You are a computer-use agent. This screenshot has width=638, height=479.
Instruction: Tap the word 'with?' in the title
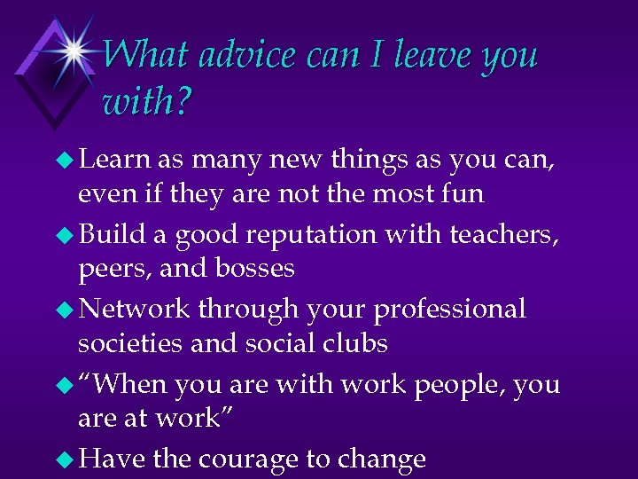tap(146, 103)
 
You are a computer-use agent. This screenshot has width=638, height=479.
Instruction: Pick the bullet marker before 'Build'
tap(66, 234)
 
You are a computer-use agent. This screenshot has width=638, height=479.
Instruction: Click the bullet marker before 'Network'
tap(66, 309)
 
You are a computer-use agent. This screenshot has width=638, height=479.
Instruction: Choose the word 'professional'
tap(450, 310)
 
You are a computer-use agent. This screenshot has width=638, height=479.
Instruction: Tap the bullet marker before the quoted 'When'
tap(66, 385)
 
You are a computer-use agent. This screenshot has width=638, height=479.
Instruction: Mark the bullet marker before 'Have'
tap(66, 459)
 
